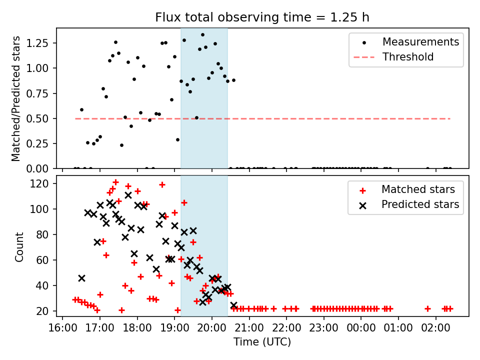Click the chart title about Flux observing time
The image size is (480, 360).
point(262,17)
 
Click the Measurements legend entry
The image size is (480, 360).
point(420,42)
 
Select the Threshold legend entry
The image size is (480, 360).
point(408,57)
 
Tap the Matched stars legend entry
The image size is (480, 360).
point(418,189)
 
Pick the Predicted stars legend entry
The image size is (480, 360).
point(420,204)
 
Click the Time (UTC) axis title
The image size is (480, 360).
point(262,342)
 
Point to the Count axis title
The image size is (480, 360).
point(19,247)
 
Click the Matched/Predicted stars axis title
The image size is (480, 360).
point(16,98)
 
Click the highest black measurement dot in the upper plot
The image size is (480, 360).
point(202,35)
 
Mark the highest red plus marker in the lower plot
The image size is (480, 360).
point(115,182)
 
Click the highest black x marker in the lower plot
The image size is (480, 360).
point(128,195)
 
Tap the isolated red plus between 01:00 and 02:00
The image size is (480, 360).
point(427,308)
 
